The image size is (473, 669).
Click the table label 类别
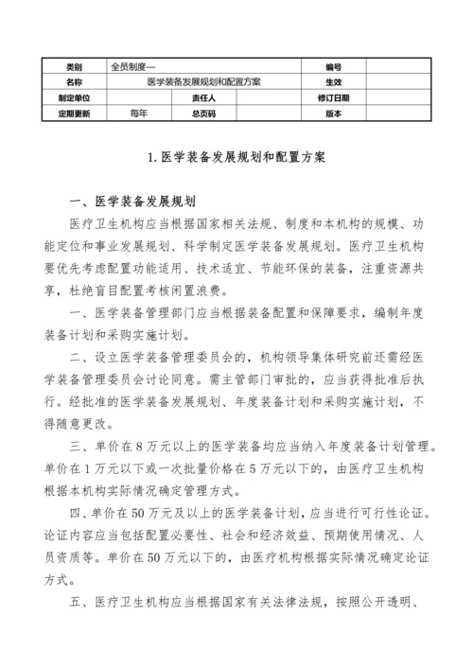pyautogui.click(x=74, y=68)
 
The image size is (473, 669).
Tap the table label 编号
pyautogui.click(x=332, y=68)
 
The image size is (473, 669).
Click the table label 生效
pyautogui.click(x=332, y=82)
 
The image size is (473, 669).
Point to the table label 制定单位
pyautogui.click(x=74, y=97)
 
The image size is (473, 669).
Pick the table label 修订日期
pyautogui.click(x=333, y=97)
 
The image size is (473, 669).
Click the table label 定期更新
pyautogui.click(x=74, y=113)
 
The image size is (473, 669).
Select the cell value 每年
pyautogui.click(x=139, y=113)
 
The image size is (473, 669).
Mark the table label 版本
pyautogui.click(x=332, y=113)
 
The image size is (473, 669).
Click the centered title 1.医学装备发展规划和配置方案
pyautogui.click(x=236, y=159)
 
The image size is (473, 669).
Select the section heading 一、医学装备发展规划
pyautogui.click(x=131, y=202)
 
